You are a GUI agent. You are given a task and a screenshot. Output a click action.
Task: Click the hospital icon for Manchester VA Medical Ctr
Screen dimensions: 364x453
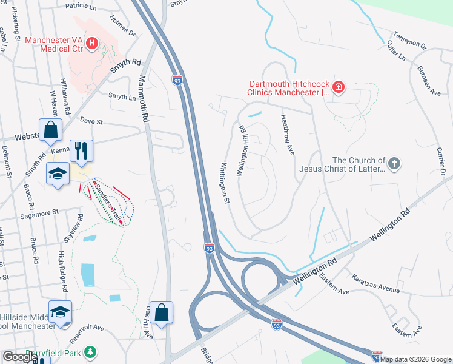tap(92, 42)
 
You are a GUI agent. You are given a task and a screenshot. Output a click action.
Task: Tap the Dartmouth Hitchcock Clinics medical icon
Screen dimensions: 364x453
tap(338, 88)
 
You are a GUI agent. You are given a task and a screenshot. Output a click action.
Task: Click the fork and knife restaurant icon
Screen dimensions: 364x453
tap(81, 150)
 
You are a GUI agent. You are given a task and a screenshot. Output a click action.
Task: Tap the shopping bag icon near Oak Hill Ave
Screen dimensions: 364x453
tap(162, 312)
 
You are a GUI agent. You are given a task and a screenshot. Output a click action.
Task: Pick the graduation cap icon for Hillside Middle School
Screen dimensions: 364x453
tap(60, 312)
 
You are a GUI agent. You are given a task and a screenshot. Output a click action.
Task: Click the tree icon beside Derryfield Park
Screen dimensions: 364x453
tap(90, 352)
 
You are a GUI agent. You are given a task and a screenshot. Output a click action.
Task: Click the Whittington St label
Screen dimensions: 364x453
tap(225, 183)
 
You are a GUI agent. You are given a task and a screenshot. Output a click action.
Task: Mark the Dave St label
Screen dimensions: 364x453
tap(93, 121)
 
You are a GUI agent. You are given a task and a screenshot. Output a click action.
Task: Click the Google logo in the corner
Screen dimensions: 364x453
tap(19, 356)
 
